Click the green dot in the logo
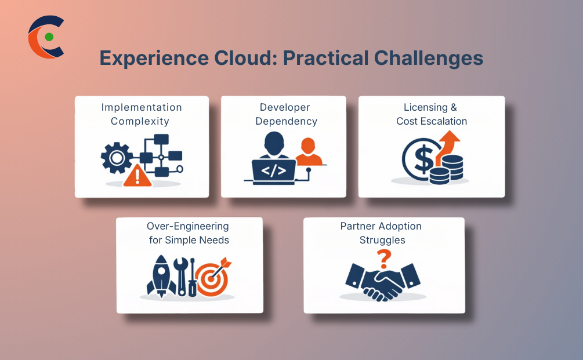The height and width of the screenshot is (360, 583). coord(49,37)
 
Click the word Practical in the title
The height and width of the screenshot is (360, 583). coord(325,59)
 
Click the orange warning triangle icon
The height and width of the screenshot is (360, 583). coord(137,175)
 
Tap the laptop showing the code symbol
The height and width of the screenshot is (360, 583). coord(273,170)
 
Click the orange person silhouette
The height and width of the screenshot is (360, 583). coord(308,152)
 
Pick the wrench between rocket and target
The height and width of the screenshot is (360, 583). coord(181,277)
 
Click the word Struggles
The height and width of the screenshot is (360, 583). coord(382,239)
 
